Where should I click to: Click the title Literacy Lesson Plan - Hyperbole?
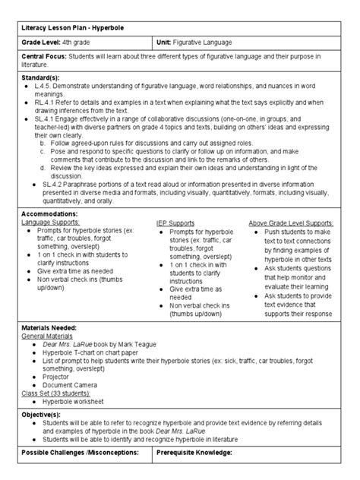tap(73, 28)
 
